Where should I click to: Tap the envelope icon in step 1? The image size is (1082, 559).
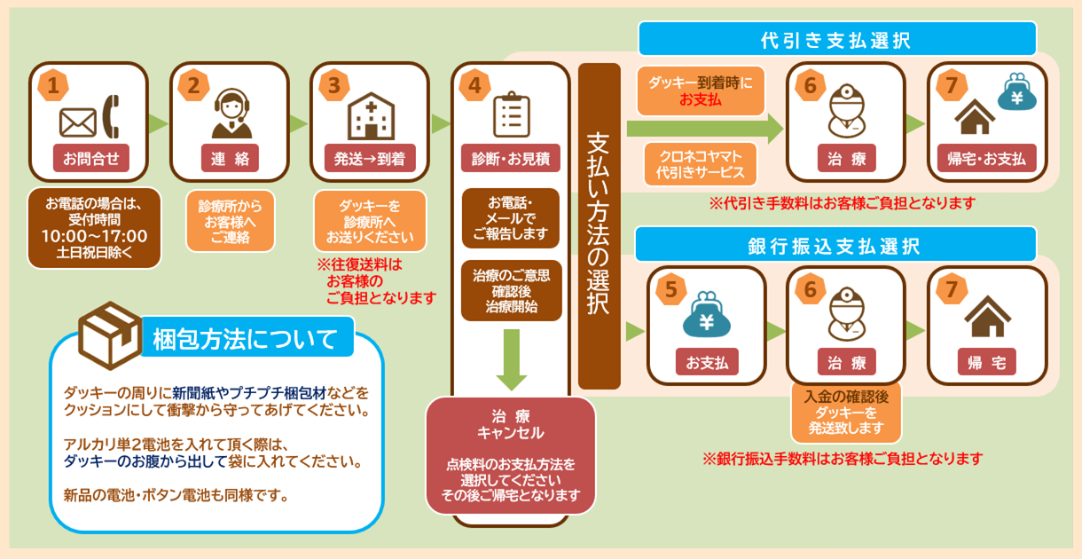pyautogui.click(x=77, y=122)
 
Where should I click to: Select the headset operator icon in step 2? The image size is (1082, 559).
pyautogui.click(x=230, y=114)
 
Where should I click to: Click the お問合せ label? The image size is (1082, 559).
pyautogui.click(x=89, y=159)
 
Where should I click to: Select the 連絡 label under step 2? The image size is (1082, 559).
pyautogui.click(x=229, y=159)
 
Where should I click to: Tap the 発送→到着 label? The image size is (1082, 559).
pyautogui.click(x=369, y=159)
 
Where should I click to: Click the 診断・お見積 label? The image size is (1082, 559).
pyautogui.click(x=510, y=159)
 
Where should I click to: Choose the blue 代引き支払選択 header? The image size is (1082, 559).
pyautogui.click(x=836, y=39)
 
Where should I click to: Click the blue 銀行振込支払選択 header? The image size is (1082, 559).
pyautogui.click(x=835, y=245)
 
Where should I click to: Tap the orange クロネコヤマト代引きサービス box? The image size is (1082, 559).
pyautogui.click(x=701, y=163)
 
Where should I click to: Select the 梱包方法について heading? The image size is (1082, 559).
pyautogui.click(x=246, y=339)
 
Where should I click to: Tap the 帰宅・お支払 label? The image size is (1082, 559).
pyautogui.click(x=986, y=159)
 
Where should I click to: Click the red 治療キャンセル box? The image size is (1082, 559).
pyautogui.click(x=510, y=455)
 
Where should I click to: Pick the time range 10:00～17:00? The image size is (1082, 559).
pyautogui.click(x=94, y=235)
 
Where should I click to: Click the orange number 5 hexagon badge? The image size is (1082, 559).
pyautogui.click(x=671, y=288)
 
